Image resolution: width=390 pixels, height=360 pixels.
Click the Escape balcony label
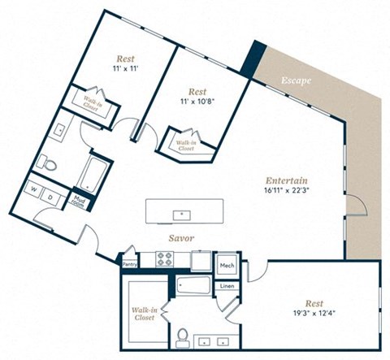[296, 81]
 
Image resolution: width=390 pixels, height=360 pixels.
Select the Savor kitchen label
[180, 239]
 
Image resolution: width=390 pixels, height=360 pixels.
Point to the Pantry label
[129, 263]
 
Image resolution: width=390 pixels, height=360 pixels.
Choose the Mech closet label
[227, 266]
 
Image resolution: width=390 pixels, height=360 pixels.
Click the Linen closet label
[227, 285]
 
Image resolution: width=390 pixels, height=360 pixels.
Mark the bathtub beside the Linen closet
[193, 287]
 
